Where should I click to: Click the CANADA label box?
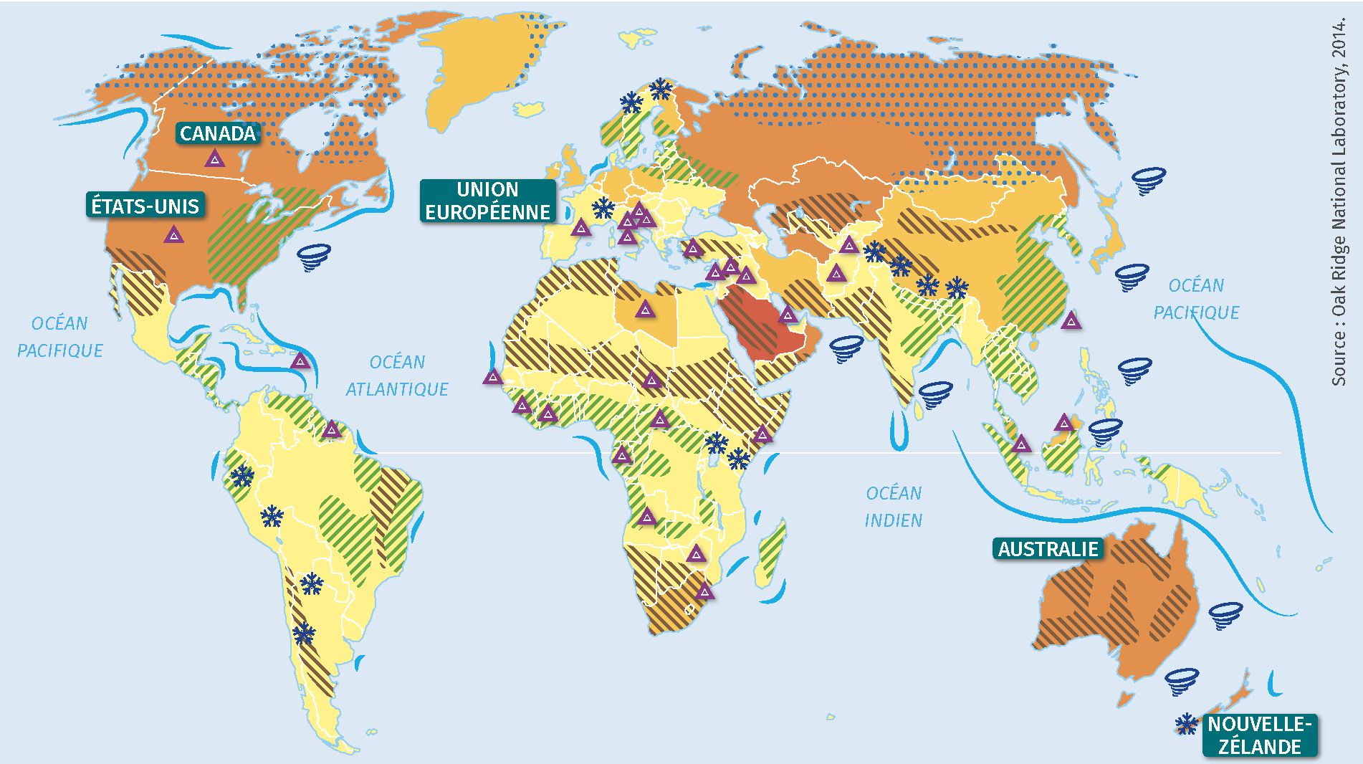point(217,133)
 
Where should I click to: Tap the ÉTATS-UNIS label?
point(145,206)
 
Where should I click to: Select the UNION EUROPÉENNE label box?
point(487,201)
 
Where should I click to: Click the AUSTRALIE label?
point(1048,549)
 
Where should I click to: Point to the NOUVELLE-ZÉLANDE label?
point(1260,735)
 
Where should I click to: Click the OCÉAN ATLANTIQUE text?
point(397,376)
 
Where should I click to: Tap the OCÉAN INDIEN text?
point(893,507)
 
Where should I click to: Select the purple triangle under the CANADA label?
point(214,159)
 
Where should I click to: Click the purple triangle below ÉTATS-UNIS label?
point(173,235)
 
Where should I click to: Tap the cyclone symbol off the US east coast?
point(313,257)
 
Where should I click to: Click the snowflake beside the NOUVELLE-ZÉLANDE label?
point(1187,724)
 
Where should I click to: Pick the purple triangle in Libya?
point(645,310)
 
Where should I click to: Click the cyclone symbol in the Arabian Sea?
point(846,348)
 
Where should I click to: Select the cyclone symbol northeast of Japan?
point(1148,181)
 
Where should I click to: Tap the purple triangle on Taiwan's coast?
point(1071,320)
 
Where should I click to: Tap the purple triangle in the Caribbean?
point(300,360)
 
